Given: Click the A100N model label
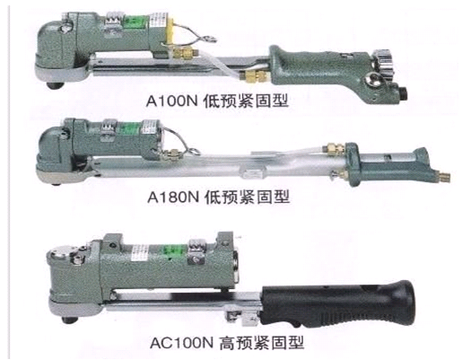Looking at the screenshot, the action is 171,101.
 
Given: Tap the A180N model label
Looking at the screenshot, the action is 173,198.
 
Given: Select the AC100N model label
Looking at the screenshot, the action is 181,343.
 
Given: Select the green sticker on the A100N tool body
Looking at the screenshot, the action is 134,22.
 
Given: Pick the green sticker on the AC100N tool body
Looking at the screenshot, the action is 175,251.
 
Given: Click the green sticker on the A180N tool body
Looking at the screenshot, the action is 130,128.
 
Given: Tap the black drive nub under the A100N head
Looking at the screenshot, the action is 56,85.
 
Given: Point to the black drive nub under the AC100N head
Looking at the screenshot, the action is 71,320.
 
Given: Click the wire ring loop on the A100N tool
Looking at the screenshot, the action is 209,39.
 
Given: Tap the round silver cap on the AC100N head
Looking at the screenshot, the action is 59,254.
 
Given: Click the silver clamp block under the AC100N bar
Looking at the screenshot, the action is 242,319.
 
